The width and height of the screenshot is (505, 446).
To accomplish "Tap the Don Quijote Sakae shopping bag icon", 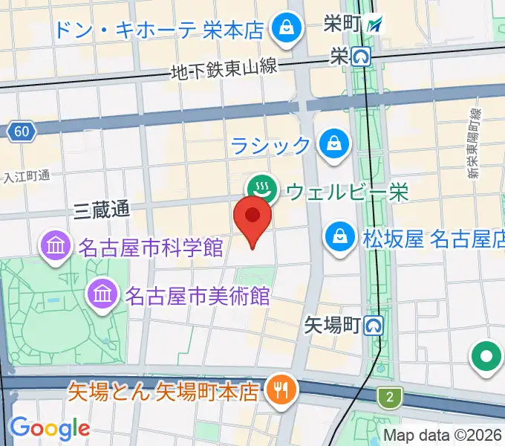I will pos(285,30).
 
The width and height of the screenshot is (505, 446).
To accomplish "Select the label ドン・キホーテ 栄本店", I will pos(160,30).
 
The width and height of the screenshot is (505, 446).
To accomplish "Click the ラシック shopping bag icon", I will pos(333,144).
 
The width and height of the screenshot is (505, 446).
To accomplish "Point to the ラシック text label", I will pos(270,145).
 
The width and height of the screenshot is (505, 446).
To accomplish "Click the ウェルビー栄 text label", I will pos(347,193).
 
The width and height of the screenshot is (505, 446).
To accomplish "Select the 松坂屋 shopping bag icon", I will pos(339,239).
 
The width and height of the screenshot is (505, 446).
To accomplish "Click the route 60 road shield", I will pos(22,132).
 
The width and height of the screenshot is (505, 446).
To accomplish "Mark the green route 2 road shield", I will pos(388,396).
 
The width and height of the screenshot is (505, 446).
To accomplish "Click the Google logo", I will pos(49,428).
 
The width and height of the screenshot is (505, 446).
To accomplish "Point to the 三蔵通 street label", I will pos(102,210).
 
